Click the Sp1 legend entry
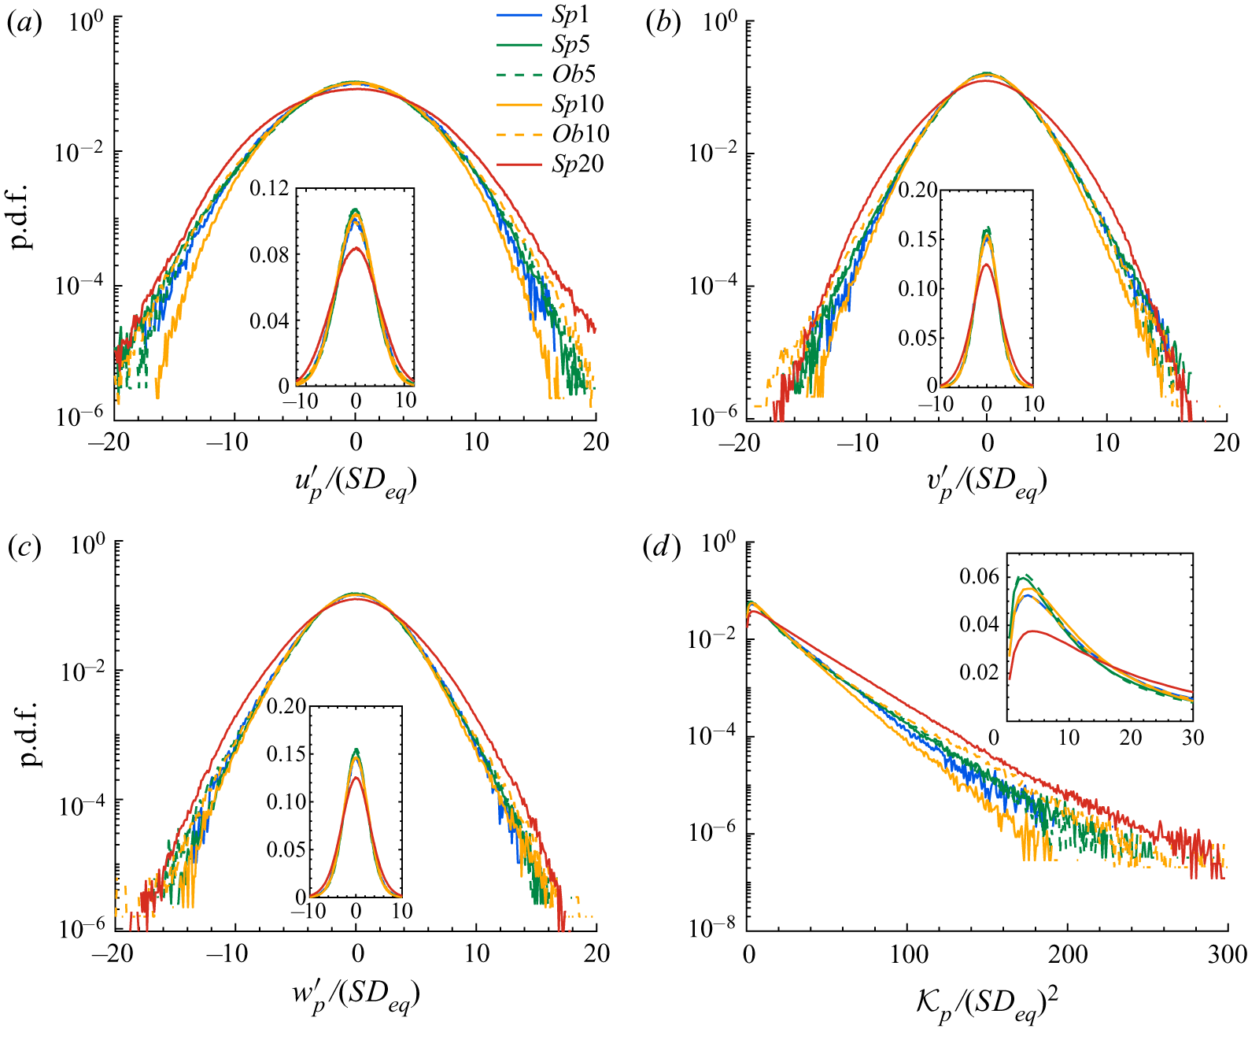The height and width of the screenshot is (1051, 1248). click(570, 15)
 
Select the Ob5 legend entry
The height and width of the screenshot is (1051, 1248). click(574, 75)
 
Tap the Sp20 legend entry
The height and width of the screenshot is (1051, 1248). click(578, 165)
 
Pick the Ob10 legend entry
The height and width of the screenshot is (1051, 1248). click(581, 135)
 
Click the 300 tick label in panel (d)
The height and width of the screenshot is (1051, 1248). click(1226, 954)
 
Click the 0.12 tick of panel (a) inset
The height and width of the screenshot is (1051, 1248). click(269, 189)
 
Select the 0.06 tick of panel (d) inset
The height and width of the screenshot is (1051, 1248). click(979, 577)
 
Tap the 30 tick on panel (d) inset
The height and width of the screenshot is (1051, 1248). click(1192, 737)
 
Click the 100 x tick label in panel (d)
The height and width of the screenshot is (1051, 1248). click(909, 954)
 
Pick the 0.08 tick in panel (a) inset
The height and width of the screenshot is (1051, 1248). click(269, 255)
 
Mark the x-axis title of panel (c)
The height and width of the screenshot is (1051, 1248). click(356, 997)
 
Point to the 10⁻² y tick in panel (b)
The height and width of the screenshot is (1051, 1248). click(711, 154)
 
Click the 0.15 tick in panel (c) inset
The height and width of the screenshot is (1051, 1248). click(286, 754)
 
